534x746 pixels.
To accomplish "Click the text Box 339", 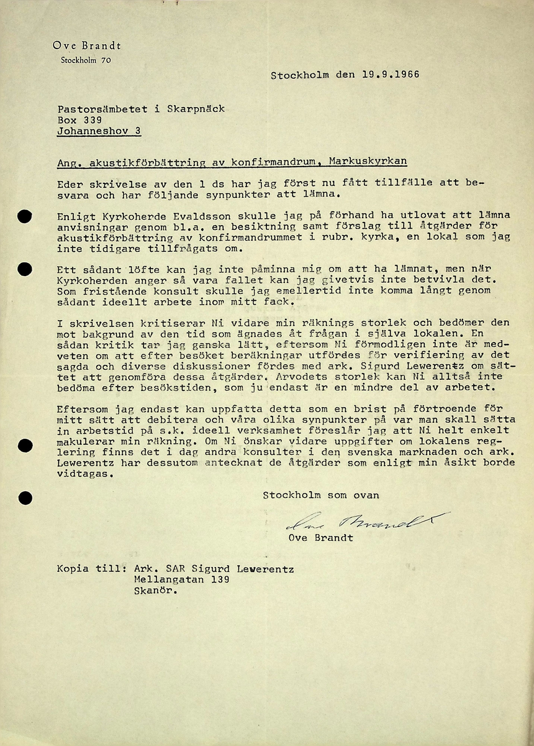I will point(79,120).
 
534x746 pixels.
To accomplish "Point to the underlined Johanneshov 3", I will point(99,131).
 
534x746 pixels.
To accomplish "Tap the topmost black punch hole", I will point(25,217).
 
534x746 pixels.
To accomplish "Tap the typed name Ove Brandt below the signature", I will point(320,538).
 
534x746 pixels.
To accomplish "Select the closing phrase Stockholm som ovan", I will point(320,495).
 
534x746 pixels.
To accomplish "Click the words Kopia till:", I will point(88,568).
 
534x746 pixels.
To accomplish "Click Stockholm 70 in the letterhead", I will point(86,60).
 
